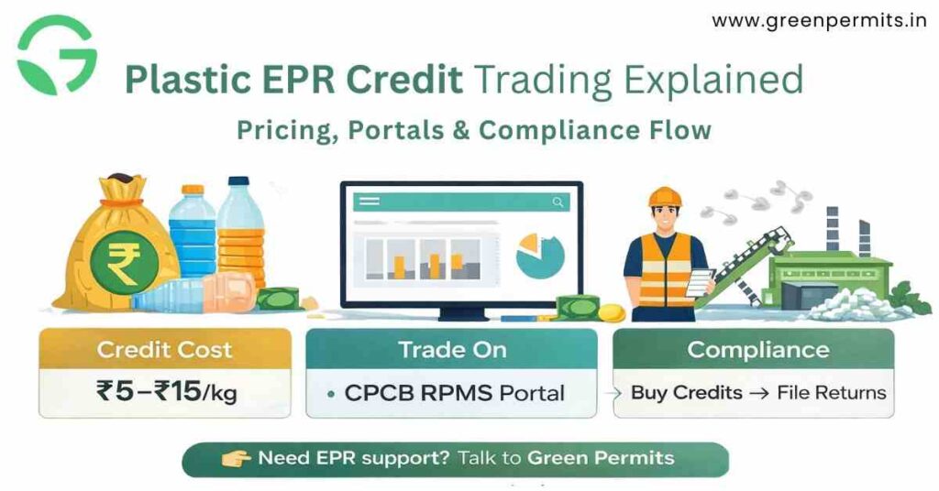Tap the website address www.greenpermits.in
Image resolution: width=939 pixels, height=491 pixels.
coord(818,20)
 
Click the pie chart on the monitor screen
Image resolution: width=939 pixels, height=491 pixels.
coord(540,256)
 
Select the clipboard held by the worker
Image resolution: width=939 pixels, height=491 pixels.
coord(701,280)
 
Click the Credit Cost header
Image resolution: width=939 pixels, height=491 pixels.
coord(165,349)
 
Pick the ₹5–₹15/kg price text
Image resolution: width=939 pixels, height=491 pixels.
coord(165,392)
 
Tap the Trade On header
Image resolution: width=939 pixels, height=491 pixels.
coord(451,349)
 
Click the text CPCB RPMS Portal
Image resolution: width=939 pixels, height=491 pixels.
coord(455,393)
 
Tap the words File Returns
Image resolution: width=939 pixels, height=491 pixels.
coord(831,393)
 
